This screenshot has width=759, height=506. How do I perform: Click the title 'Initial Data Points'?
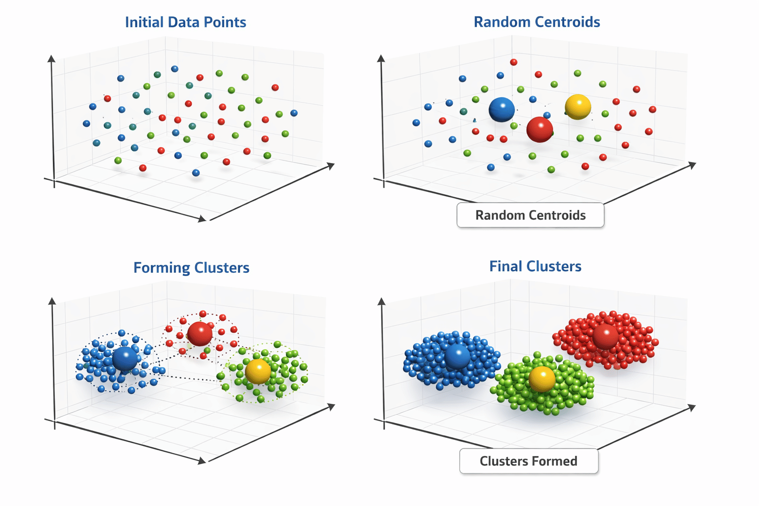[x=185, y=22]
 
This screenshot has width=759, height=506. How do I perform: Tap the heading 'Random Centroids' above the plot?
[x=537, y=22]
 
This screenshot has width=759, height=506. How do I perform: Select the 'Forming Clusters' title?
[x=191, y=268]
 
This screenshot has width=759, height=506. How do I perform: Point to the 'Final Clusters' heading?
[x=535, y=266]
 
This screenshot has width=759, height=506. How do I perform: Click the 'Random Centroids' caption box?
[x=530, y=215]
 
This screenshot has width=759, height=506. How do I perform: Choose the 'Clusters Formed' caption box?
[x=528, y=461]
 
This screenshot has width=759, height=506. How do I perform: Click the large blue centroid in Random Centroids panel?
[x=502, y=109]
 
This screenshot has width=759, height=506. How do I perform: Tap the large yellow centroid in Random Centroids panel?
[x=578, y=107]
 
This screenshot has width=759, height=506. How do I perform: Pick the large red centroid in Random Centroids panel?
[x=540, y=129]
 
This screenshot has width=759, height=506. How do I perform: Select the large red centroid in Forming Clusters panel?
[x=200, y=334]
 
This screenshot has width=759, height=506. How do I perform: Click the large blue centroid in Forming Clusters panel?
[x=125, y=358]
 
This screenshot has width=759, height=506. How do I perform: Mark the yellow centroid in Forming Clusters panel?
[x=258, y=371]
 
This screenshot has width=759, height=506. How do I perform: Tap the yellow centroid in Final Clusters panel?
[x=542, y=379]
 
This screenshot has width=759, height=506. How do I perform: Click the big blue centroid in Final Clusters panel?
[x=458, y=356]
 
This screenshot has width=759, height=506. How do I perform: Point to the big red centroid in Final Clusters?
[x=605, y=336]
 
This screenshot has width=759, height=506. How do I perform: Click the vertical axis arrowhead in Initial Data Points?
[x=51, y=59]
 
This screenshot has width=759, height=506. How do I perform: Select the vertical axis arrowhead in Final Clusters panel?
[x=381, y=301]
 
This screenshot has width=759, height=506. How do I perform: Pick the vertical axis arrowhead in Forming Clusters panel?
[x=52, y=301]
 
